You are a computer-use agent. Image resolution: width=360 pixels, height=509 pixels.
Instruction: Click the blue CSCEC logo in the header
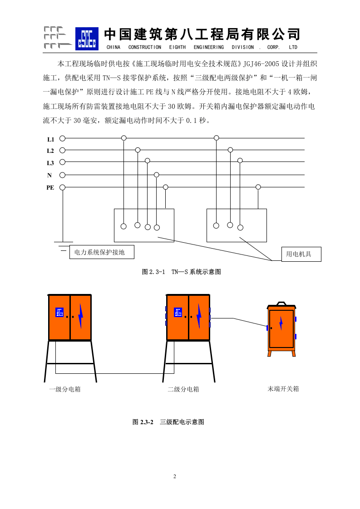86,38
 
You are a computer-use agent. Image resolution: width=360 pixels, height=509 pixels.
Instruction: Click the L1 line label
50,139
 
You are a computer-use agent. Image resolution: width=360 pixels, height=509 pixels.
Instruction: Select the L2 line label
50,151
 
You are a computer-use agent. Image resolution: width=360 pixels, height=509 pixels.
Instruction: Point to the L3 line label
50,163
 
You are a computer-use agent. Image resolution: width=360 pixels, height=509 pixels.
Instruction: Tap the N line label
49,175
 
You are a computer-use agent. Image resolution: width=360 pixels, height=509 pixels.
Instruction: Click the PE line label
50,187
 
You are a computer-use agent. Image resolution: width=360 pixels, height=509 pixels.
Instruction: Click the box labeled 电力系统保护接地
102,252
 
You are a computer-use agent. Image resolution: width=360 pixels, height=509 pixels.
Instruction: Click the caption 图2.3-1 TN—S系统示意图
181,272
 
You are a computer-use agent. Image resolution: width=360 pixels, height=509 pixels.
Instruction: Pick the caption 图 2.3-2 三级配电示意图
168,422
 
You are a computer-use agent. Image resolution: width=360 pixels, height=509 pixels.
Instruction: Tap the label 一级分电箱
65,389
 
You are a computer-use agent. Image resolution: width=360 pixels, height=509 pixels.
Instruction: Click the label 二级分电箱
183,389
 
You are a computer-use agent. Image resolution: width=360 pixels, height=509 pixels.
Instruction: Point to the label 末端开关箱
283,389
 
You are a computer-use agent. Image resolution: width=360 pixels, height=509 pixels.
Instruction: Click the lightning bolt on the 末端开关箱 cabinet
281,323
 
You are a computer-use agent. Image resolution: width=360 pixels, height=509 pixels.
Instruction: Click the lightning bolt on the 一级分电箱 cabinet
80,316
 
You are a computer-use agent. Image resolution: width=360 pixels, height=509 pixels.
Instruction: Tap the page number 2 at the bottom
174,476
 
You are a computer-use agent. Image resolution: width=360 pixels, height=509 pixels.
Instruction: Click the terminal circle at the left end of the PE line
63,187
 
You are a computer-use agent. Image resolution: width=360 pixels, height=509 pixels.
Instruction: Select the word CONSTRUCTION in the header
144,47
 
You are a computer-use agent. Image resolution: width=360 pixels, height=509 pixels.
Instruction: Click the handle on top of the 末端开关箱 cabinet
281,303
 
